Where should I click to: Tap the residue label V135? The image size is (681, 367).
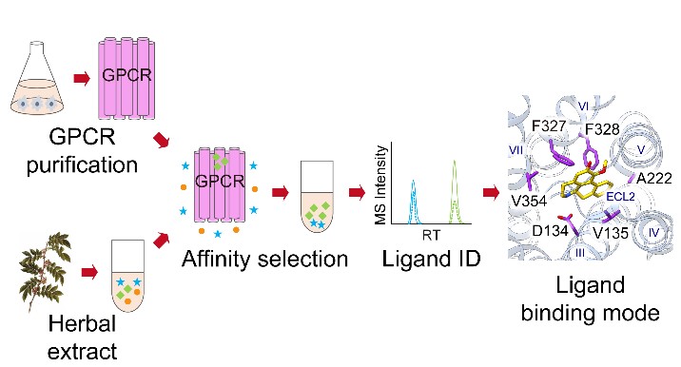pos(611,233)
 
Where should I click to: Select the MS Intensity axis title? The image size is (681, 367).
pos(381,183)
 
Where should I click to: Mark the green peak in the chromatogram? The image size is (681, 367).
pos(455,188)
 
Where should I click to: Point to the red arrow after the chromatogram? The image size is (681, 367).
pos(491,194)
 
